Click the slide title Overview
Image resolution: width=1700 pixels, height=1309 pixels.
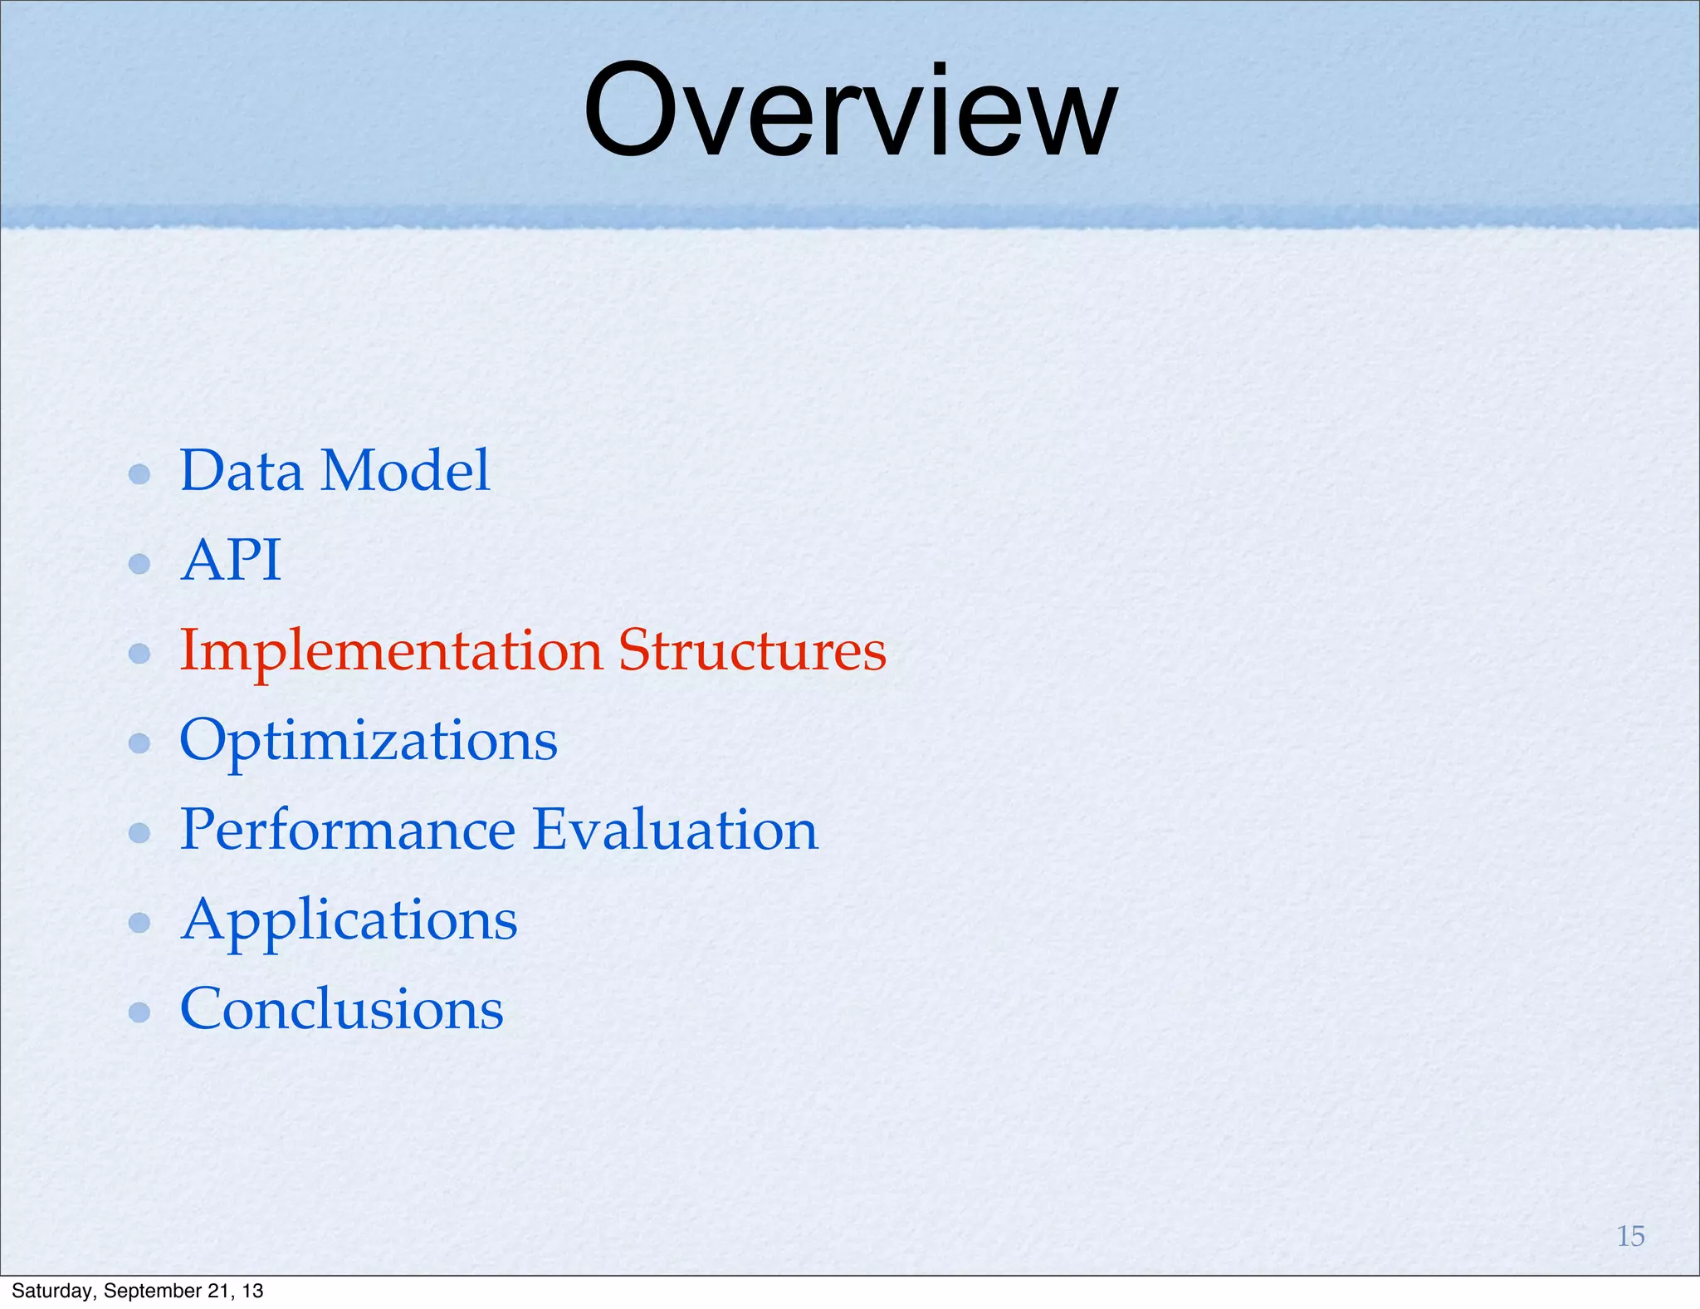click(850, 112)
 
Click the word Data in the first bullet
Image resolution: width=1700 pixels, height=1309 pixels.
click(241, 471)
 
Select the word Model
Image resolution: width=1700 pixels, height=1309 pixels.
click(405, 471)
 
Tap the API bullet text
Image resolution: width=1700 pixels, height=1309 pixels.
click(231, 561)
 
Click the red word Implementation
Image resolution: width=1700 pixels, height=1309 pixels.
click(391, 651)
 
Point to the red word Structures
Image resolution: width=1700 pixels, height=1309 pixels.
click(752, 650)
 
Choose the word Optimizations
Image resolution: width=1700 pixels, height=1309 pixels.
click(369, 741)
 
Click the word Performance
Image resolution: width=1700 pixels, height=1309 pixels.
click(347, 830)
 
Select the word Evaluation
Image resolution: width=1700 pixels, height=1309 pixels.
click(675, 830)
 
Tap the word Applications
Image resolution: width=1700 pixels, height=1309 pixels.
click(349, 921)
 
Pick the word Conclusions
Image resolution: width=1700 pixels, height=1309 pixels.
click(341, 1010)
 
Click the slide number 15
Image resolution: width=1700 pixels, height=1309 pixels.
click(1630, 1236)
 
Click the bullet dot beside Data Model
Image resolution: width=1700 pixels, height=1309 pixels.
click(139, 474)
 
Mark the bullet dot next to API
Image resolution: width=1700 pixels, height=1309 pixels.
click(139, 564)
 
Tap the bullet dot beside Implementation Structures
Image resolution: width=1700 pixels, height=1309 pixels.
click(139, 654)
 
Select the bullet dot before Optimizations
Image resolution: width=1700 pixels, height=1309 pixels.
click(139, 743)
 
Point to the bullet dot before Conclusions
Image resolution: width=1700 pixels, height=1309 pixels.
click(139, 1012)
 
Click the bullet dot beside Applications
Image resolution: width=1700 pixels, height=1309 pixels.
click(139, 922)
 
